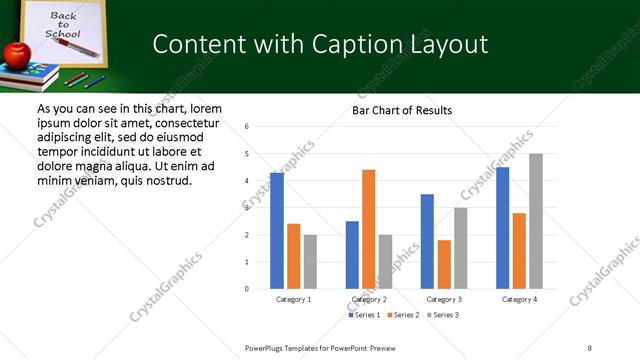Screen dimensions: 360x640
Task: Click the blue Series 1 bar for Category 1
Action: pos(277,230)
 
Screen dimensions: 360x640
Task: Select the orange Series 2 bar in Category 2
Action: pos(368,229)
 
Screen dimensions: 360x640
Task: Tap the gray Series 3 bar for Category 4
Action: pos(535,221)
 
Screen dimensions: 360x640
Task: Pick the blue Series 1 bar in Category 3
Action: pos(427,241)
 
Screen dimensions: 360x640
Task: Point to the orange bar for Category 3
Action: pos(444,264)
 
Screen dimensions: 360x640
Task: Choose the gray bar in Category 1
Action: pos(310,261)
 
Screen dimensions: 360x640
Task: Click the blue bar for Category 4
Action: pos(502,228)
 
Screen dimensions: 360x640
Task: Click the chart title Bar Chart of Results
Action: pos(402,110)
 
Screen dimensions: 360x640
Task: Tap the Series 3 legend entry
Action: pos(442,315)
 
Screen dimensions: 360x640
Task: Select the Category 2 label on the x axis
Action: pos(369,299)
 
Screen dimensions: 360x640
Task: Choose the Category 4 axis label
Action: pos(519,299)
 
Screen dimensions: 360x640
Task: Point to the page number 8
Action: pos(590,347)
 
